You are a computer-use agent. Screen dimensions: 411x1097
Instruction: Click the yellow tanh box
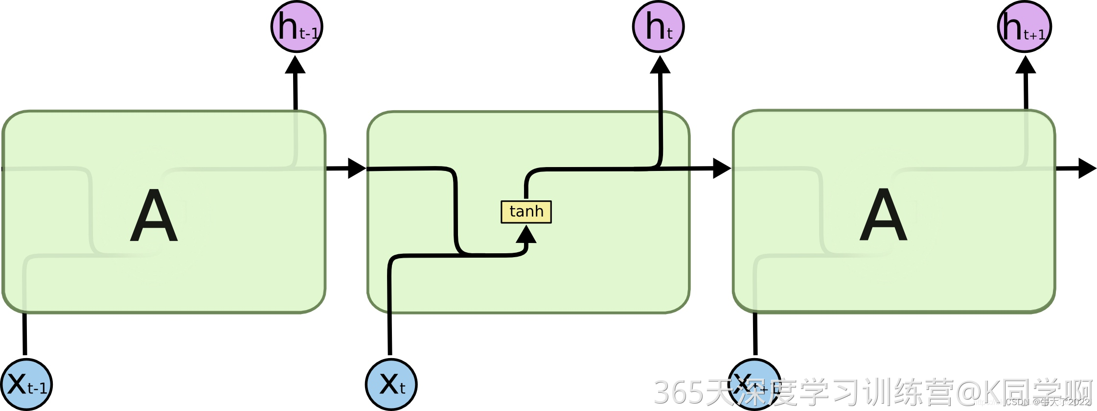(x=526, y=212)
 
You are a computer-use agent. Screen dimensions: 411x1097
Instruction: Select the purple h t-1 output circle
(x=297, y=26)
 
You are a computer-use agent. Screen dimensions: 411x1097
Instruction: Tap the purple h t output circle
(x=658, y=26)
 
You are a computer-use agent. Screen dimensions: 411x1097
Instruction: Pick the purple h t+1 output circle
(x=1024, y=26)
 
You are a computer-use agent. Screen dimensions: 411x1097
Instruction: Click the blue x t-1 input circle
(x=26, y=385)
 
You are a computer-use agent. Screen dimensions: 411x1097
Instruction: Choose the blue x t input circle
(x=391, y=385)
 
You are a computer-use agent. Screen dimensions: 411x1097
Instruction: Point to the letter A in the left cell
(x=154, y=216)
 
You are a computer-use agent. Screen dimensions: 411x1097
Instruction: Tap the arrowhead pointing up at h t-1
(x=295, y=65)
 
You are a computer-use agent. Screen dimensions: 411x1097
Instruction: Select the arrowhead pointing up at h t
(x=660, y=65)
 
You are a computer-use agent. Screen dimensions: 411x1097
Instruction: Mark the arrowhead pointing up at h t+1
(x=1026, y=65)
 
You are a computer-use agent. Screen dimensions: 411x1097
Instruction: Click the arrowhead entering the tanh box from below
(x=526, y=235)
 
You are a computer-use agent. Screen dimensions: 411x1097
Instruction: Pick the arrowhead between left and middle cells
(x=356, y=169)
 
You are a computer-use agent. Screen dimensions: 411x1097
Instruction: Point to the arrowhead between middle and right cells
(x=721, y=169)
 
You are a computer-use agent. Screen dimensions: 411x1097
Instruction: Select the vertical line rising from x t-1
(x=24, y=333)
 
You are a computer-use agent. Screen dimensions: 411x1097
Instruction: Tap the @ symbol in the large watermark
(x=968, y=392)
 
